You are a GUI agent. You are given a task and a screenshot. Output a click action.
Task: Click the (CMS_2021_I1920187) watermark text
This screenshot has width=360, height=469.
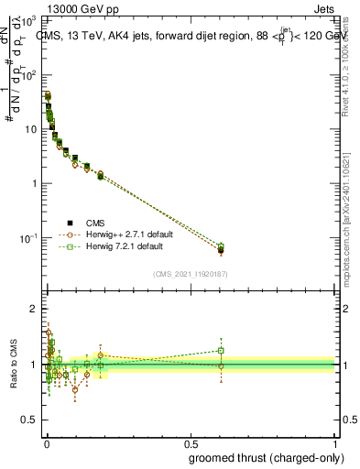pyautogui.click(x=190, y=274)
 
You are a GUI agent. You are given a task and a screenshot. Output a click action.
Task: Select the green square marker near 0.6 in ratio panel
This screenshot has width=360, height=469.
pyautogui.click(x=221, y=350)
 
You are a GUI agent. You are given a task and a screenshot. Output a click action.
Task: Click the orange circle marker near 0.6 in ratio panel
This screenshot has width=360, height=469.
pyautogui.click(x=221, y=366)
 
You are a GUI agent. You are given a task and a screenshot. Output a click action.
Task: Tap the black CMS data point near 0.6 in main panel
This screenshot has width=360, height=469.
pyautogui.click(x=221, y=250)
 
